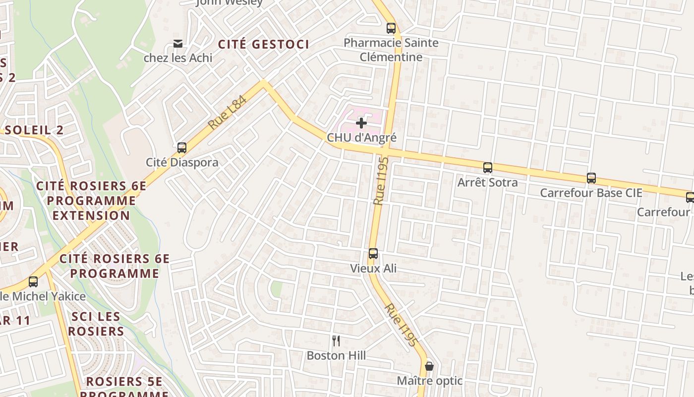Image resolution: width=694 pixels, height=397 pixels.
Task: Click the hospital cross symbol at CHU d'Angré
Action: coord(361,123)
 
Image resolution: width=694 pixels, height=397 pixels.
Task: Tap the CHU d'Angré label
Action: coord(361,137)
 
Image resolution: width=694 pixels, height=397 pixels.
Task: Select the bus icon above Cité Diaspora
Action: coord(182,147)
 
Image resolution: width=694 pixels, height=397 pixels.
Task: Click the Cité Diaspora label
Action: coord(182,162)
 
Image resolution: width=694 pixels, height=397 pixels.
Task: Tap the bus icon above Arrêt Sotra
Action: coord(488,168)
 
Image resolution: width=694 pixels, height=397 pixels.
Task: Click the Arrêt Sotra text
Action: coord(487,182)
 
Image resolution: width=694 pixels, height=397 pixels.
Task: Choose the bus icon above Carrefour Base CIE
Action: coord(591,178)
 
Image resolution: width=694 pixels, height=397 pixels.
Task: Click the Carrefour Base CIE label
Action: coord(591,193)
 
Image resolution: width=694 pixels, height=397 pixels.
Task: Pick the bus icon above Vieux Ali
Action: coord(373,254)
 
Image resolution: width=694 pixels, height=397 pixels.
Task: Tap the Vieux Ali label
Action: coord(373,268)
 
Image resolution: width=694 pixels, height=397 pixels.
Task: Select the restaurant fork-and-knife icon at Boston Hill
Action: coord(336,340)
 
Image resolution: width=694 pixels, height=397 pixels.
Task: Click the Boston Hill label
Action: coord(336,355)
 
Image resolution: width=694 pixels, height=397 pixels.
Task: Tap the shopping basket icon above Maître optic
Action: coord(429,366)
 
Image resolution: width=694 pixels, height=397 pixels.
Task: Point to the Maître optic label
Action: coord(429,381)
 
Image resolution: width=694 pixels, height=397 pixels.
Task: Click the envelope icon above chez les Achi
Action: coord(178,44)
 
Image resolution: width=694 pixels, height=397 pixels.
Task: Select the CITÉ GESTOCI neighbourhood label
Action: coord(264,44)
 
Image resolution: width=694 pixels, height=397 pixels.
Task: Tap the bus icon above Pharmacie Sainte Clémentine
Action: coord(391,28)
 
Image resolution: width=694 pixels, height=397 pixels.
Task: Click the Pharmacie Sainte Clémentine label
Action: coord(391,50)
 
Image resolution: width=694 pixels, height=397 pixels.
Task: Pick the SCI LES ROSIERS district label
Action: coord(96,324)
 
